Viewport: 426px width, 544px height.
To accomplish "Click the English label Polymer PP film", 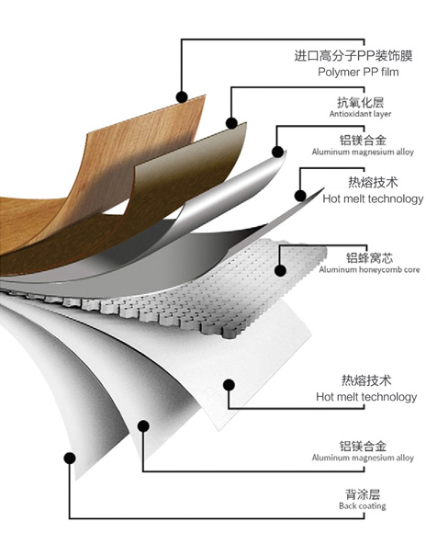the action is pyautogui.click(x=358, y=72).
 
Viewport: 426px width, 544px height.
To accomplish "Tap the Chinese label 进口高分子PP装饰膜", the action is pyautogui.click(x=353, y=55).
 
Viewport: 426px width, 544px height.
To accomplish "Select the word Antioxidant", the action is pyautogui.click(x=349, y=114).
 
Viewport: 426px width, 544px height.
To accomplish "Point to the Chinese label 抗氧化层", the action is pyautogui.click(x=361, y=102).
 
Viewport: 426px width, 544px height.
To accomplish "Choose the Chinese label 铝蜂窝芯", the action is pyautogui.click(x=369, y=258).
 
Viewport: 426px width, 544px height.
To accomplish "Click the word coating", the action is pyautogui.click(x=371, y=506).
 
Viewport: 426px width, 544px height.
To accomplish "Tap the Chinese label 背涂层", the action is pyautogui.click(x=363, y=494).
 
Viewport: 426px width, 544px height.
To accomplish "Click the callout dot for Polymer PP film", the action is pyautogui.click(x=182, y=97).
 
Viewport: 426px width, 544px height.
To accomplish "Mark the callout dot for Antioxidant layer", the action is pyautogui.click(x=231, y=123).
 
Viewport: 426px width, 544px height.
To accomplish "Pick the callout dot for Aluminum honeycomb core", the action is pyautogui.click(x=280, y=270).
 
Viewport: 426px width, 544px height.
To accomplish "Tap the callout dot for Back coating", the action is pyautogui.click(x=70, y=458).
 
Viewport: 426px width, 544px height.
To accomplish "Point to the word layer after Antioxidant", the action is pyautogui.click(x=381, y=114).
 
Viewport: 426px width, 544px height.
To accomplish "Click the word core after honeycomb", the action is pyautogui.click(x=412, y=269).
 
